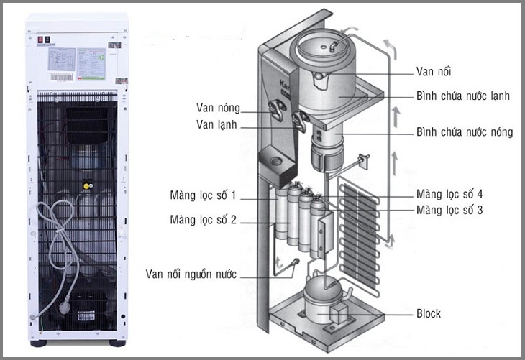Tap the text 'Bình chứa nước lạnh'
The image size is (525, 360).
click(464, 96)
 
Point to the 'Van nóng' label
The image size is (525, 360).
click(217, 108)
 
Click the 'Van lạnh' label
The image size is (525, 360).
click(216, 125)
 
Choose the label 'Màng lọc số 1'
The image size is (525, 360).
click(203, 195)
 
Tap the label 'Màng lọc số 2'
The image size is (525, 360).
click(203, 219)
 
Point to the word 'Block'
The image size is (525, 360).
click(429, 313)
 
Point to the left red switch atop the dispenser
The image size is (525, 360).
click(41, 40)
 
